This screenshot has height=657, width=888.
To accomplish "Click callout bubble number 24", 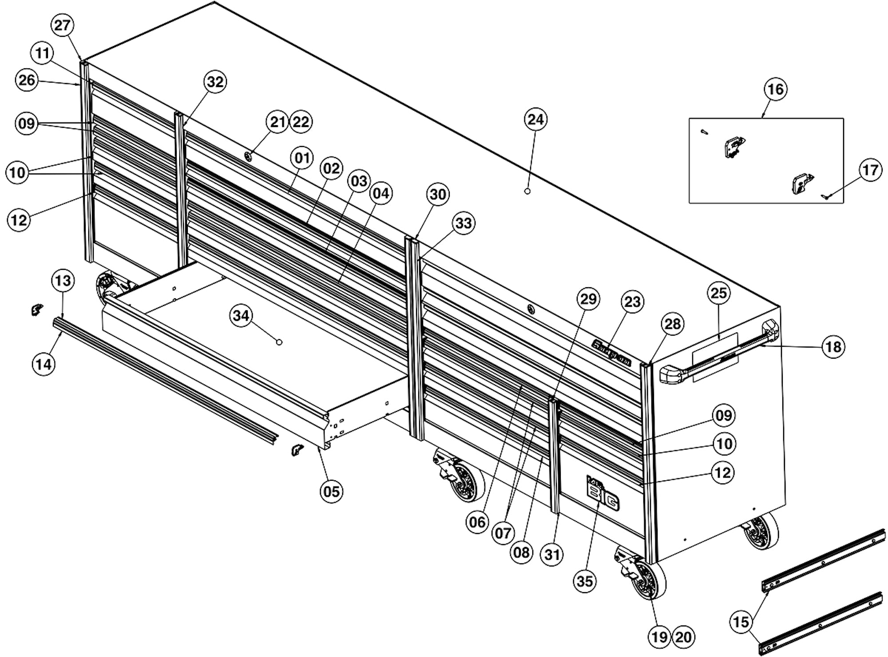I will click(535, 119).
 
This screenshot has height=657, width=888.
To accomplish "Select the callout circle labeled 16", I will click(775, 89).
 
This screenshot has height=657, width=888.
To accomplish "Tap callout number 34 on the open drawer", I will click(241, 316).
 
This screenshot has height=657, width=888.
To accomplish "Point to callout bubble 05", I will click(331, 492).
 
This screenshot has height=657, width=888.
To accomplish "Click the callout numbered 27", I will click(62, 25).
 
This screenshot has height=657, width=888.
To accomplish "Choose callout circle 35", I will click(584, 581).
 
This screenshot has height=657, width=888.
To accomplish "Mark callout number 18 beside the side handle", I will click(833, 347).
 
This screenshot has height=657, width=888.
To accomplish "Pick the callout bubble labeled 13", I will click(63, 281).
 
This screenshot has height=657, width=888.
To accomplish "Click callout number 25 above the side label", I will click(719, 293).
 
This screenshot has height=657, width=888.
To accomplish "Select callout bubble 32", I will click(215, 82).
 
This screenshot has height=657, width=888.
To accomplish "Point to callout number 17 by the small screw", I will click(870, 170).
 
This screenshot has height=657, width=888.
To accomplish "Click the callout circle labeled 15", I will click(741, 622).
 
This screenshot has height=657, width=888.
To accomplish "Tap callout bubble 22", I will click(301, 122).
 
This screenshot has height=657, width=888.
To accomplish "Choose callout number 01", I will click(302, 158).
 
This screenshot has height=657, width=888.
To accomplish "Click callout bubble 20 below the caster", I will click(683, 637).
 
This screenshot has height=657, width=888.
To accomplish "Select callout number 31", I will click(552, 554).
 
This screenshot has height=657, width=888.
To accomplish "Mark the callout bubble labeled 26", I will click(27, 80).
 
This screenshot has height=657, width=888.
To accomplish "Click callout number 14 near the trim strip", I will click(44, 364).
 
